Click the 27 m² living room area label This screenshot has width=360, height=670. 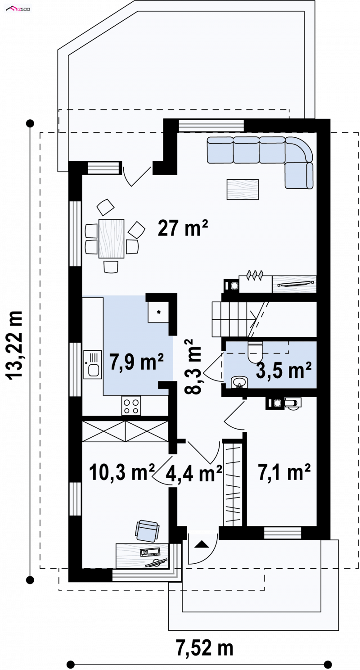tap(183, 228)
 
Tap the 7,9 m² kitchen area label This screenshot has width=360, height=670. tap(136, 361)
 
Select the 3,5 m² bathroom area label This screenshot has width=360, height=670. tap(283, 370)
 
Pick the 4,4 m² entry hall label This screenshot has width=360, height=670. tap(193, 474)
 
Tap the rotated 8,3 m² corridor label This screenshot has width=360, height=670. tap(193, 367)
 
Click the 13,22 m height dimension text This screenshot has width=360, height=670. tap(14, 345)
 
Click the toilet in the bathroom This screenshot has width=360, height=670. tap(255, 351)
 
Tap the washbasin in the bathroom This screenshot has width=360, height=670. tap(239, 382)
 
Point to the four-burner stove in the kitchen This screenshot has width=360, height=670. tap(131, 406)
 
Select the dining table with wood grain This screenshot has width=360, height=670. tap(111, 238)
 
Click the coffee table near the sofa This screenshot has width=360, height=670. tap(243, 189)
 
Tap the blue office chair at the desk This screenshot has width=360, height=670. tap(147, 530)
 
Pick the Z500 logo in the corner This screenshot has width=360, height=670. tap(18, 9)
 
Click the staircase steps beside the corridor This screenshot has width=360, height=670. tap(230, 319)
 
